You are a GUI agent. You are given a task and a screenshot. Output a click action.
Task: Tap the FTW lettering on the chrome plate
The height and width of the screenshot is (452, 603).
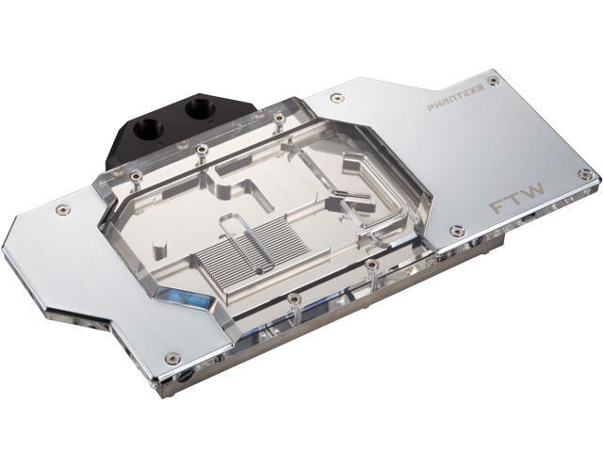[x=517, y=197]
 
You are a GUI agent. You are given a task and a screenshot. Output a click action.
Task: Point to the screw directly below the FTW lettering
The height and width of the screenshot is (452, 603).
[x=457, y=230]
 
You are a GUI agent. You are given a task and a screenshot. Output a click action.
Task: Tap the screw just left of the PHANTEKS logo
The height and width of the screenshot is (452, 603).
[x=337, y=98]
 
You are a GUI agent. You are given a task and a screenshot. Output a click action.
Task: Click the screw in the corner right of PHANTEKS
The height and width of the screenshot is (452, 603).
[x=492, y=80]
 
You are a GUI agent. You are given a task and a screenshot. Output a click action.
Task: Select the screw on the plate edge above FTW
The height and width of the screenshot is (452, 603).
[x=585, y=174]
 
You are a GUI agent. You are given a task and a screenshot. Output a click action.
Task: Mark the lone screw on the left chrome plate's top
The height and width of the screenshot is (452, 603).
[x=61, y=209]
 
